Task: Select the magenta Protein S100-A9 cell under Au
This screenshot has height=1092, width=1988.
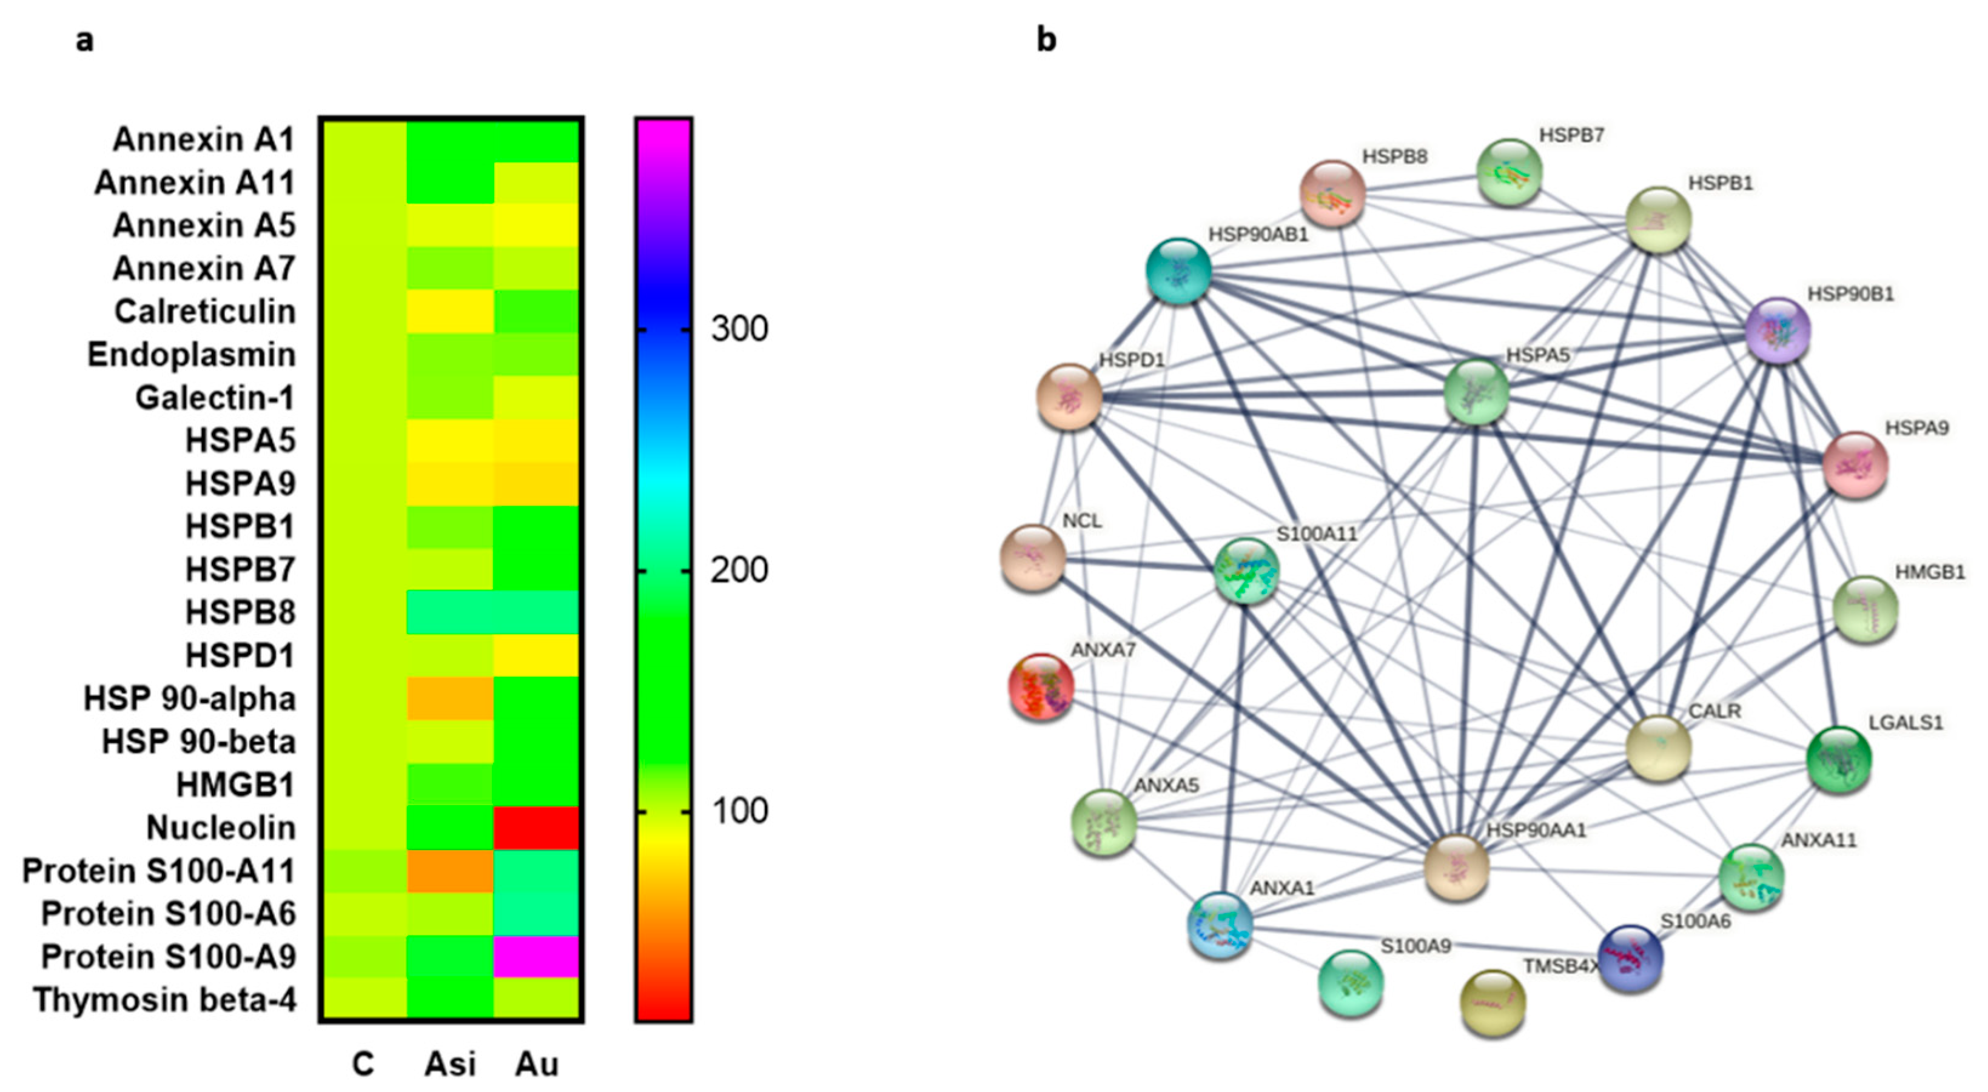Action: (x=536, y=957)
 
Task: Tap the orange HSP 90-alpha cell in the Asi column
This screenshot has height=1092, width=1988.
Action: (x=450, y=698)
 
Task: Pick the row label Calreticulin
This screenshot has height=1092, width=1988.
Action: (x=204, y=312)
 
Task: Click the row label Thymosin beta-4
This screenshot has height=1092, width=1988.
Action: (x=164, y=1000)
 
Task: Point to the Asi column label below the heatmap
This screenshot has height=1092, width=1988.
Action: (x=450, y=1064)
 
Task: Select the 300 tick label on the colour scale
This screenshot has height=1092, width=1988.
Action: (x=739, y=329)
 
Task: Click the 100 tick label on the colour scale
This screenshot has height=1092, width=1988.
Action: (x=739, y=811)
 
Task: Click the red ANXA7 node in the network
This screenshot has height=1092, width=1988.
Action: (x=1041, y=686)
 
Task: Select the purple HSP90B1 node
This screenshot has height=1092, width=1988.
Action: (x=1778, y=330)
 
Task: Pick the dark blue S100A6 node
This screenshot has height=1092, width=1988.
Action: (x=1630, y=958)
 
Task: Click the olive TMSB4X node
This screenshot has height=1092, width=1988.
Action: (x=1493, y=1002)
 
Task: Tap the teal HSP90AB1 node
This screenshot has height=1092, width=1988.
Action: (x=1178, y=271)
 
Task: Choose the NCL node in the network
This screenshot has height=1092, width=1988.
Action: (x=1033, y=558)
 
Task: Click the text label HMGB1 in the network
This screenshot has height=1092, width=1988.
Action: (x=1929, y=572)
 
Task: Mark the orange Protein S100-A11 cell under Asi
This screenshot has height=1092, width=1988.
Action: (x=450, y=871)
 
